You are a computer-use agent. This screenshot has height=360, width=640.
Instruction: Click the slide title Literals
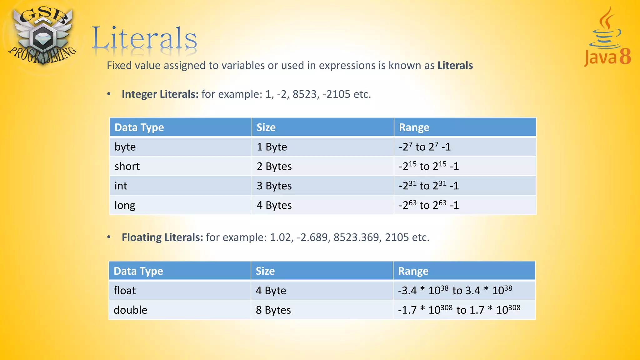tap(144, 39)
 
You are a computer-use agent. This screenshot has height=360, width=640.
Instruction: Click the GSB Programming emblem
tap(42, 36)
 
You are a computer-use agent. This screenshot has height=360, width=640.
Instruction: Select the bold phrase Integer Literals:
tap(160, 94)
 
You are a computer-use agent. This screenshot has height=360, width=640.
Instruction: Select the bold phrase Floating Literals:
tap(162, 237)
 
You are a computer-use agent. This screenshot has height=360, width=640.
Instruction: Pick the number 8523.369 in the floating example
tap(356, 237)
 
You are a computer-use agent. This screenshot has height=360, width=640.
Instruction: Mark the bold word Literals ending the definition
tap(455, 65)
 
